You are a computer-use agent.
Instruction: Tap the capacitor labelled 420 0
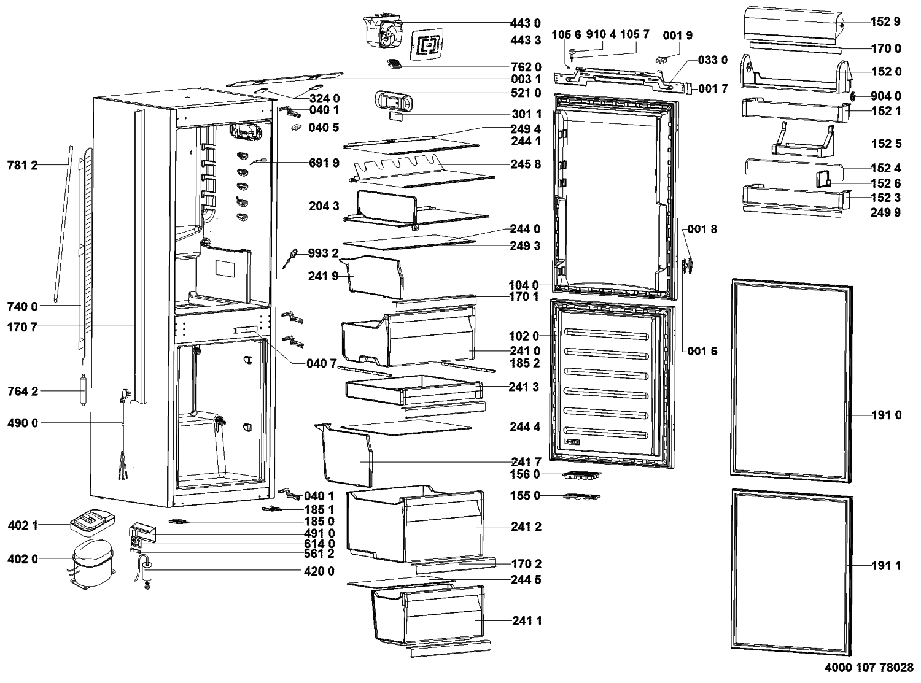tap(147, 571)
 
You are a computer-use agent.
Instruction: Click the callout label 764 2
tap(22, 392)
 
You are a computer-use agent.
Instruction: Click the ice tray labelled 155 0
tap(580, 496)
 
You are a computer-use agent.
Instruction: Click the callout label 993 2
tap(324, 253)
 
